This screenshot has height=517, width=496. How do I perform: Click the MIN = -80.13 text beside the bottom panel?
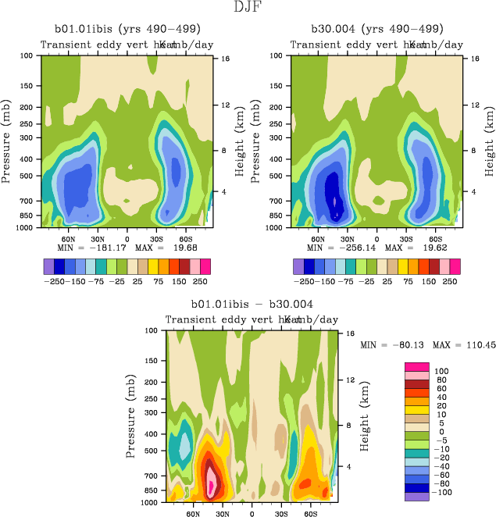tap(389, 344)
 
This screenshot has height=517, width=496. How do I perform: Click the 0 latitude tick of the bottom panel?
tap(252, 515)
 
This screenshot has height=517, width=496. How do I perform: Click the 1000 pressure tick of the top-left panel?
tap(27, 227)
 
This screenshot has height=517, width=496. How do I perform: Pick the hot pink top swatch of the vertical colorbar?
tap(416, 366)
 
